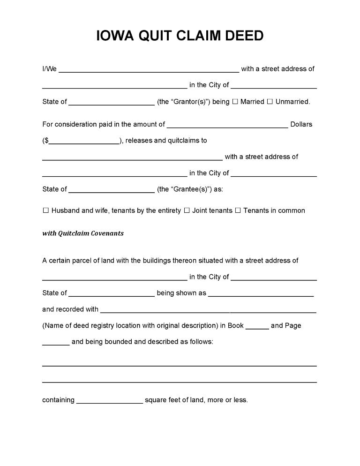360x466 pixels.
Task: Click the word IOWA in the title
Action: click(x=115, y=36)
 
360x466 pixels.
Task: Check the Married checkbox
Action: click(x=235, y=102)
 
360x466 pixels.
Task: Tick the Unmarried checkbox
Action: click(x=270, y=102)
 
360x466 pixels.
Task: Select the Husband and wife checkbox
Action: click(x=46, y=211)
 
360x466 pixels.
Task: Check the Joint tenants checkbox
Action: click(x=187, y=211)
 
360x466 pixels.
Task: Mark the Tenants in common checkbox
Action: click(x=238, y=211)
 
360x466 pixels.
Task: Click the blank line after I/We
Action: click(x=149, y=70)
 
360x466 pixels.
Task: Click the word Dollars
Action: click(x=301, y=125)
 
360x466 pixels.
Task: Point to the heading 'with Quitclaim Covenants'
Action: click(x=83, y=233)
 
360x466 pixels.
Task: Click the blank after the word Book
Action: click(x=257, y=327)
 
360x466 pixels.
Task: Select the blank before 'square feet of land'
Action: click(x=109, y=402)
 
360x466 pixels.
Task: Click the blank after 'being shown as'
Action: click(x=261, y=294)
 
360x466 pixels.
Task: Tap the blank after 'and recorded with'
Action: click(x=208, y=311)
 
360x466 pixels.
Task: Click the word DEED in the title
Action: click(x=241, y=36)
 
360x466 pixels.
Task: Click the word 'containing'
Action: click(x=58, y=400)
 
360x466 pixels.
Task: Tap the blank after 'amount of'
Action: click(x=227, y=126)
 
